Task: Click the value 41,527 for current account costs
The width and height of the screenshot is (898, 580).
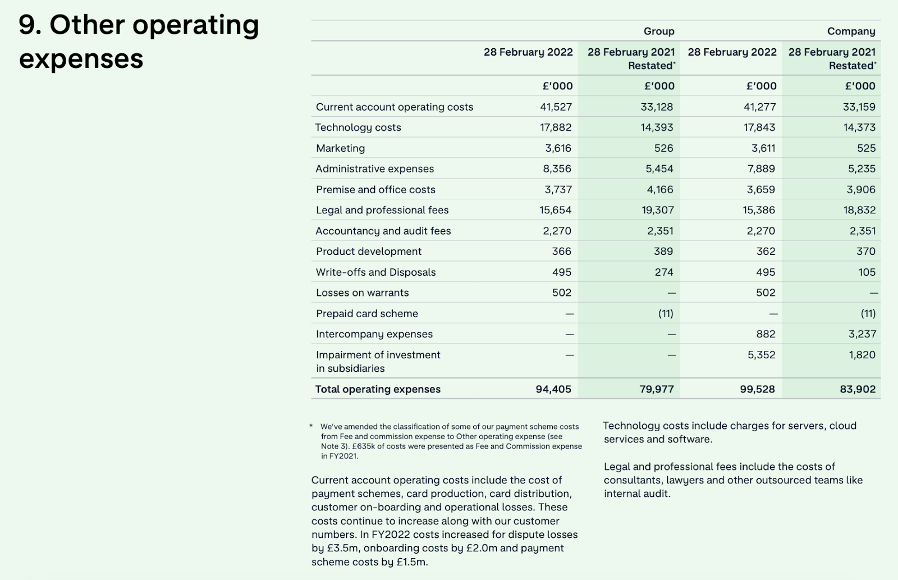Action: click(x=555, y=107)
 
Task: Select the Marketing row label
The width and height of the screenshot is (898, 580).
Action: click(x=340, y=148)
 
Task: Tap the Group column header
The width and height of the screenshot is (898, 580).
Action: click(x=658, y=31)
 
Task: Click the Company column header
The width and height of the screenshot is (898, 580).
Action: click(x=851, y=31)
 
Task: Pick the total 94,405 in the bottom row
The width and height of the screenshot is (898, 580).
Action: click(x=553, y=389)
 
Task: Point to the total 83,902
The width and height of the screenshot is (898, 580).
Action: click(x=857, y=389)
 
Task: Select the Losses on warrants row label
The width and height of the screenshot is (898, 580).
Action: click(x=362, y=293)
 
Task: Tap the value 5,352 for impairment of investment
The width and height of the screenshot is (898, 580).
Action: click(x=760, y=355)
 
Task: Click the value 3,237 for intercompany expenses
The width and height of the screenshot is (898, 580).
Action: click(x=862, y=334)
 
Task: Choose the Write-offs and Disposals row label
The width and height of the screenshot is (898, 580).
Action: click(x=375, y=272)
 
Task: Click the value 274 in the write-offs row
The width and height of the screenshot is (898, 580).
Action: click(x=663, y=272)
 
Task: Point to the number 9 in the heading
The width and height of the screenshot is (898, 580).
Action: click(x=27, y=25)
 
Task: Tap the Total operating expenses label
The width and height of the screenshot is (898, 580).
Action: click(x=378, y=389)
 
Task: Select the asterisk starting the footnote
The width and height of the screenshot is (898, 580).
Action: click(x=311, y=426)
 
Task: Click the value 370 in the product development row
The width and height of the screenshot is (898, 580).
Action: click(x=865, y=252)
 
